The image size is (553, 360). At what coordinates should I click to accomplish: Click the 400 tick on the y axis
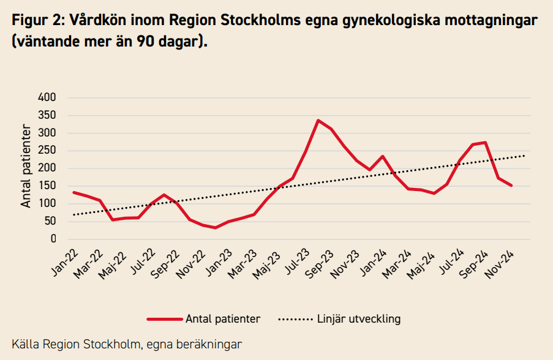click(47, 97)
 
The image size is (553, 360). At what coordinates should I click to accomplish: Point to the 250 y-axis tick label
click(47, 151)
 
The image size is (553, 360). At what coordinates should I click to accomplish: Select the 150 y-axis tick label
click(47, 186)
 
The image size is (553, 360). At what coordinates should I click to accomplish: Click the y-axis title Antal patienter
click(26, 166)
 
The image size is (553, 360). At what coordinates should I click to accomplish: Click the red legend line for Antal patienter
click(165, 319)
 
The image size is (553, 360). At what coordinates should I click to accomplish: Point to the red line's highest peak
click(318, 120)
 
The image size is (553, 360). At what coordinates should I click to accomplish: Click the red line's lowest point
click(215, 228)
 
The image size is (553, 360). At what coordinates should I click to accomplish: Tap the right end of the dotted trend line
click(525, 156)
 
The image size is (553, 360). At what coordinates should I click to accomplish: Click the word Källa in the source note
click(24, 344)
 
